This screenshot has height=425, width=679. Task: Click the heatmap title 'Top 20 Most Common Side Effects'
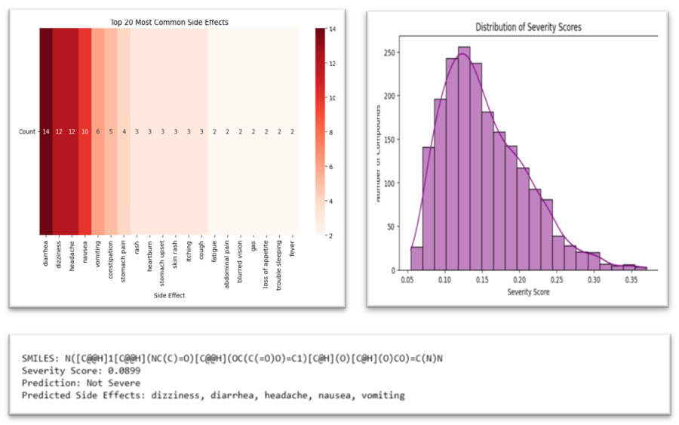[169, 23]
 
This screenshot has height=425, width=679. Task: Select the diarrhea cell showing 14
[46, 132]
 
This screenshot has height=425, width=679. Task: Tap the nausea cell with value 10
[84, 132]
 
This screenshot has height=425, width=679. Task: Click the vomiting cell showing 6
[97, 132]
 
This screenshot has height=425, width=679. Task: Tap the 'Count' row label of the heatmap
[27, 132]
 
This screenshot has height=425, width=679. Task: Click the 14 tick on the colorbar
[332, 29]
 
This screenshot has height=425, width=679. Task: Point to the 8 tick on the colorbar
[332, 132]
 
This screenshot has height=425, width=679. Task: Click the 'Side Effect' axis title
[169, 296]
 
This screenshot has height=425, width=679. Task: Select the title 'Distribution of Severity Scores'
[528, 27]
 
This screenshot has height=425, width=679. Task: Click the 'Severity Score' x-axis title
[528, 292]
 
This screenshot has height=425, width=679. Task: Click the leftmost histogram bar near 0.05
[416, 258]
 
